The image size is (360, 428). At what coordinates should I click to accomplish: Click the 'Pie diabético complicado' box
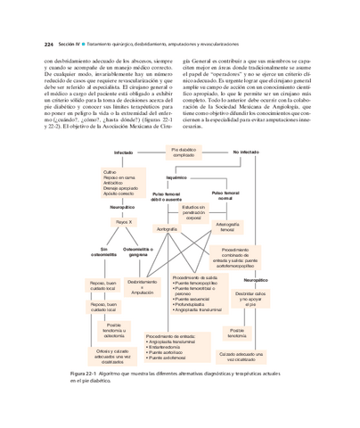(183, 152)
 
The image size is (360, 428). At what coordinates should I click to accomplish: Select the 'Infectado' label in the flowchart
(123, 153)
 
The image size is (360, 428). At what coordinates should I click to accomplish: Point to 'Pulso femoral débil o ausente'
(166, 195)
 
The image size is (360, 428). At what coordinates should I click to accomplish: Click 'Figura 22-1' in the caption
(86, 373)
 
